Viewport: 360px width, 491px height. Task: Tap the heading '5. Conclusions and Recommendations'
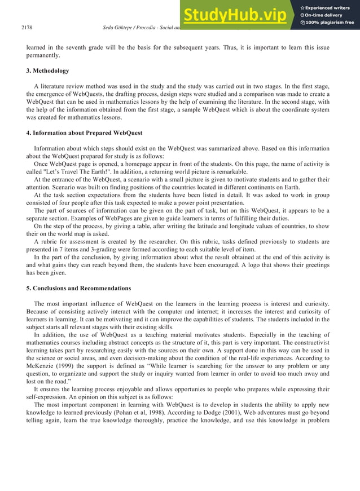pos(78,288)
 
